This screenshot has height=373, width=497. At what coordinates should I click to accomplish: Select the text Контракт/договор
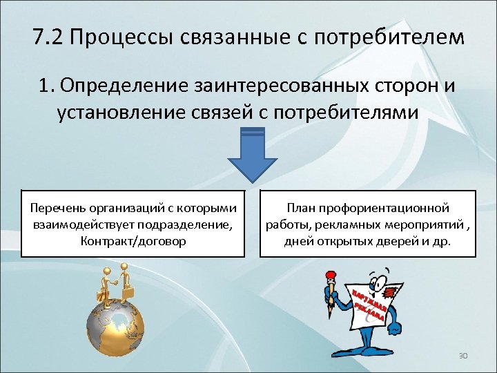[133, 241]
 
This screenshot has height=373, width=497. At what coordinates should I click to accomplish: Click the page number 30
[463, 355]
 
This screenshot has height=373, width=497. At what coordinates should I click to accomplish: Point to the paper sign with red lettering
[373, 304]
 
